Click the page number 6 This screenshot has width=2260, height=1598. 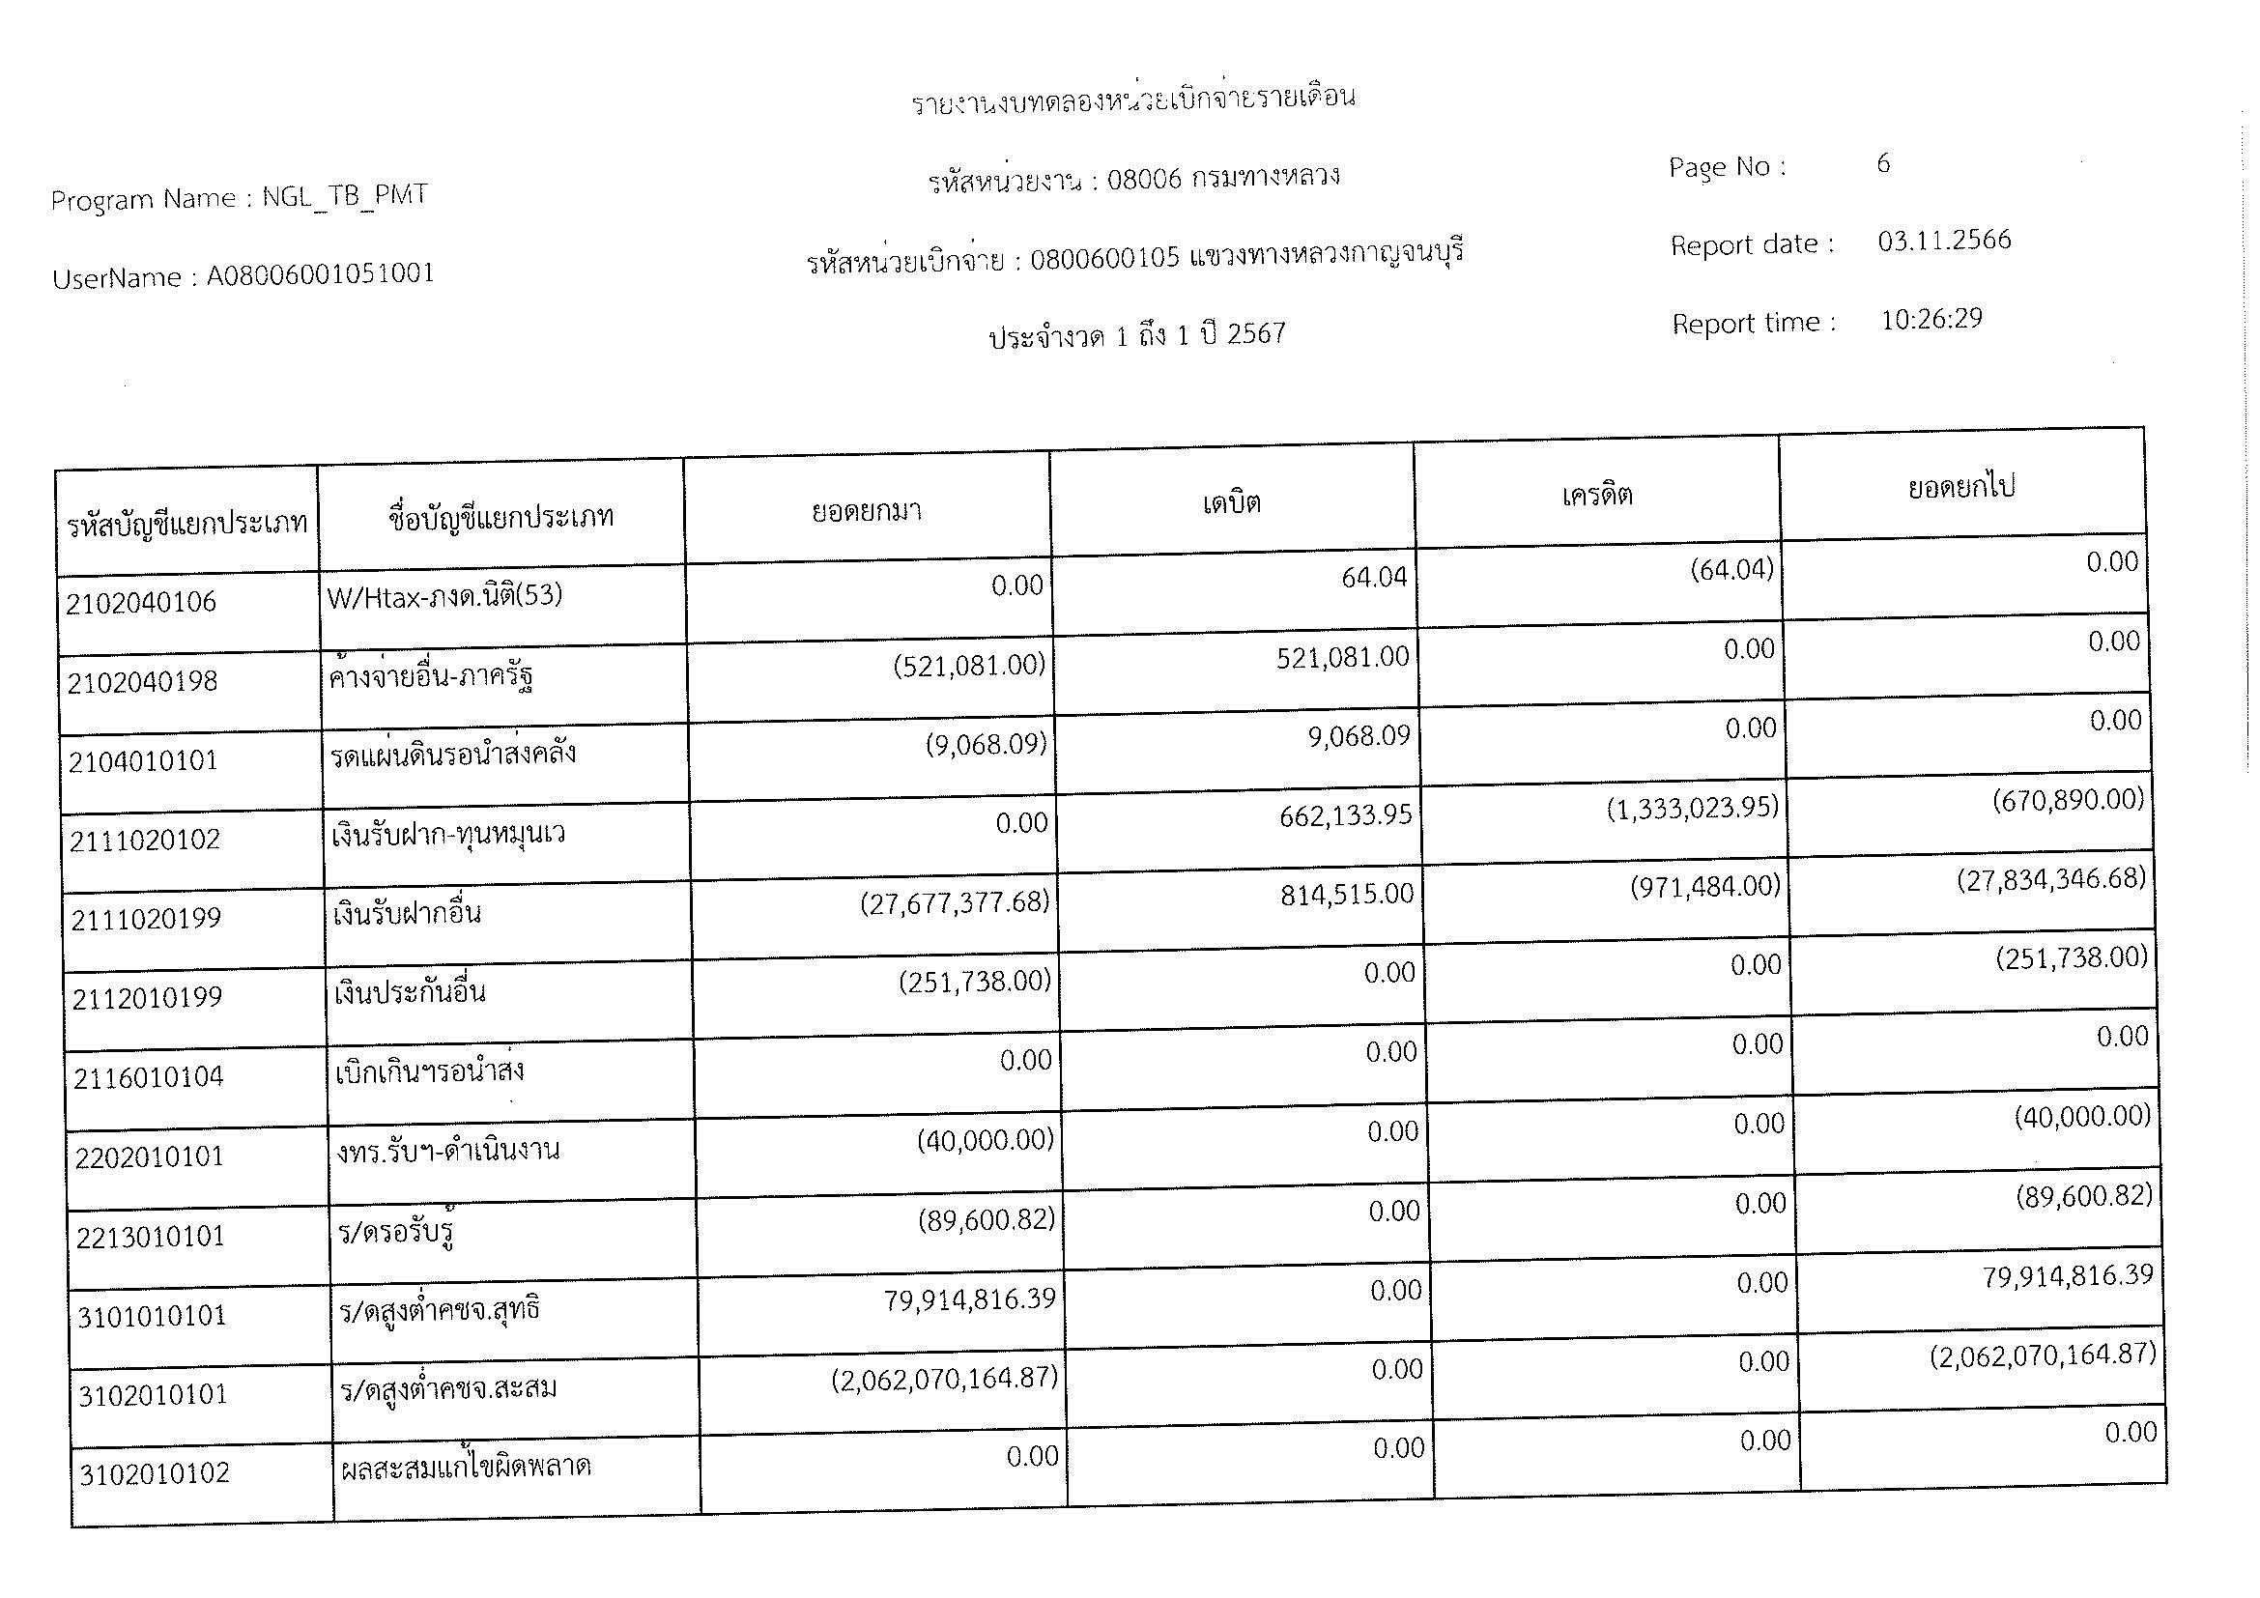tap(1883, 163)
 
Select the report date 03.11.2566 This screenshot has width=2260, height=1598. tap(1944, 242)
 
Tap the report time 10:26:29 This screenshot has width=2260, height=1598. tap(1931, 320)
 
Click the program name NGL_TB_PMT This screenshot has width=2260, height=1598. tap(345, 195)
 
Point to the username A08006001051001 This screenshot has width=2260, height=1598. tap(320, 273)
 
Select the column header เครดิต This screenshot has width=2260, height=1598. tap(1596, 495)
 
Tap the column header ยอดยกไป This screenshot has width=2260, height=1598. tap(1960, 487)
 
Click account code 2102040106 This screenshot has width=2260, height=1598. tap(141, 602)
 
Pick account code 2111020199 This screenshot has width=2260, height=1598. tap(146, 919)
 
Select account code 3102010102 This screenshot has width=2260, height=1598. tap(155, 1474)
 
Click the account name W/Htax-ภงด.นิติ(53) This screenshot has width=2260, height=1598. tap(443, 595)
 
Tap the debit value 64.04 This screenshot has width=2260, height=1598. tap(1374, 578)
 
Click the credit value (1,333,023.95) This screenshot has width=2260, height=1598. tap(1693, 809)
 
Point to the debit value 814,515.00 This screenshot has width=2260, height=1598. tap(1347, 895)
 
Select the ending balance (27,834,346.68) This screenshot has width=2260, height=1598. tap(2050, 878)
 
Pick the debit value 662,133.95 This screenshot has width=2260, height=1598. tap(1346, 815)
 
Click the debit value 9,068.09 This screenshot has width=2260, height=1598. tap(1359, 736)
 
